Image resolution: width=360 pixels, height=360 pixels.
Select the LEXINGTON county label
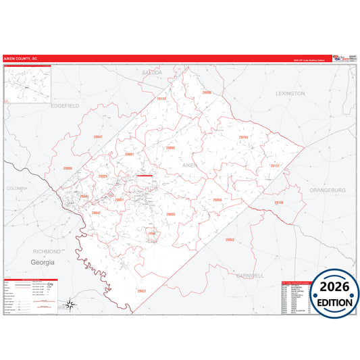290,93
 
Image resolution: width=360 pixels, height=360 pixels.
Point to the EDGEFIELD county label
65,106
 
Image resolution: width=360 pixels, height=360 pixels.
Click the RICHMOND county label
47,251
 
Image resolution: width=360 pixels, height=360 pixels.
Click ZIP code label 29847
98,137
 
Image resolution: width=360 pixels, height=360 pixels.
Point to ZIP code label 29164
243,137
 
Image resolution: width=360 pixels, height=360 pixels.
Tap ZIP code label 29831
141,291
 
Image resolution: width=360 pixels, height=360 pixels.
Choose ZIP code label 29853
230,240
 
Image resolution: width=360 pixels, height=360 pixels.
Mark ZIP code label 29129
161,99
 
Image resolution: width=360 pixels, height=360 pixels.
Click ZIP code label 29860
68,168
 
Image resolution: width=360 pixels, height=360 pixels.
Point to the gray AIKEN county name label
191,164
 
